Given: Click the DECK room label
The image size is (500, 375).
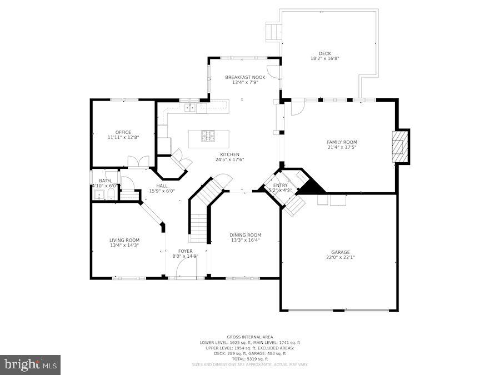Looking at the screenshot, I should [x=324, y=53].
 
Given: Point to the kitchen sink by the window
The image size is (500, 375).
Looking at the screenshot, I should [x=189, y=107].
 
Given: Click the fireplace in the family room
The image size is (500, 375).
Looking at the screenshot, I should [x=400, y=147].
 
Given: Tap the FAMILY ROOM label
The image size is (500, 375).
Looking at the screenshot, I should [x=342, y=142].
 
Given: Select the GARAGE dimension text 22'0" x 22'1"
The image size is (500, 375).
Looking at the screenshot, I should [x=342, y=257].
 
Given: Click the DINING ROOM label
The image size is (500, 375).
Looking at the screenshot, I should [x=245, y=234].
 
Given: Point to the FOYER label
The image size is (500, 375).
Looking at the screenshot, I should [x=185, y=251].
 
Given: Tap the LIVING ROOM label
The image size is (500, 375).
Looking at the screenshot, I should [x=124, y=239].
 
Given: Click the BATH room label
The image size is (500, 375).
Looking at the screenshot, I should [x=104, y=181].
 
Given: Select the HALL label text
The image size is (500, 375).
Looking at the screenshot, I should [x=162, y=186].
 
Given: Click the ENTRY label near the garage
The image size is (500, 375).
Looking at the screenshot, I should [x=281, y=185].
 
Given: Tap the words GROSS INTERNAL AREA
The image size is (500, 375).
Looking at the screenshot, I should [x=249, y=337].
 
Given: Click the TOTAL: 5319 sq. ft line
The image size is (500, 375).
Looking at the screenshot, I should [x=249, y=358].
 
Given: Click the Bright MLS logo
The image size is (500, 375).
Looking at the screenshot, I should [x=31, y=365].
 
